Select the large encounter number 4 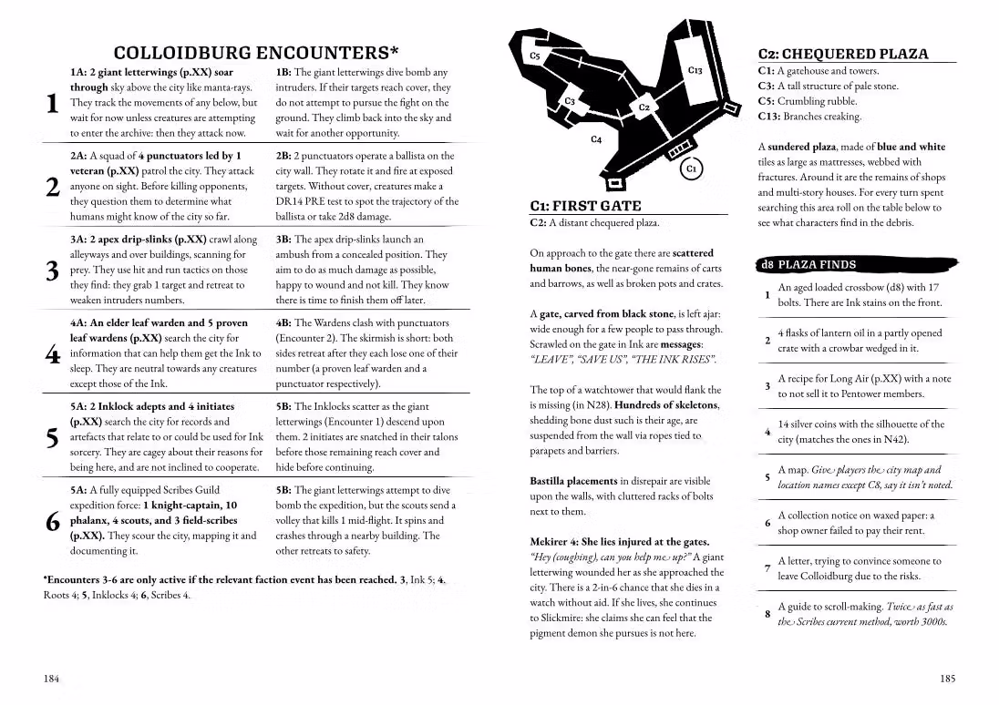(52, 355)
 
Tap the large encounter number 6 (52, 521)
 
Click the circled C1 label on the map (692, 169)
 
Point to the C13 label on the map (695, 70)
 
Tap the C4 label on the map (596, 139)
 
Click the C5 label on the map (535, 56)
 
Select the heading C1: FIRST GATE (585, 206)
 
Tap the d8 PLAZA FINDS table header (809, 265)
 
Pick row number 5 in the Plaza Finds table (767, 476)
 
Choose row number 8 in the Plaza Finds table (767, 614)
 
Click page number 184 (53, 679)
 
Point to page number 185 (948, 679)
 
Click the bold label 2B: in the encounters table (284, 156)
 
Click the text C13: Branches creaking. (809, 117)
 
